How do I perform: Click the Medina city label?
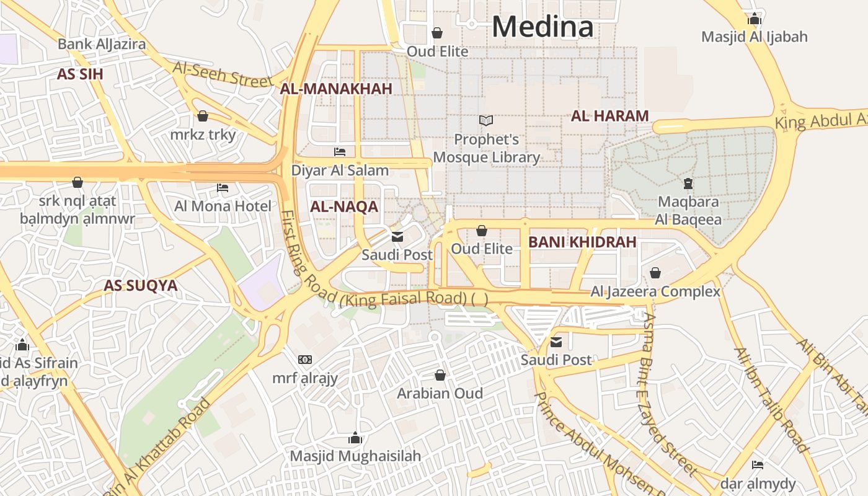[542, 27]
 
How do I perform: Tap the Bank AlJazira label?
[102, 44]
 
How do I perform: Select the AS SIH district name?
[80, 74]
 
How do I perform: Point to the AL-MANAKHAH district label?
[336, 89]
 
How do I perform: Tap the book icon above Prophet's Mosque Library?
[486, 120]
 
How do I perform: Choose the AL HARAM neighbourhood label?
[609, 116]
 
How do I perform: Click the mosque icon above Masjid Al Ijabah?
[755, 19]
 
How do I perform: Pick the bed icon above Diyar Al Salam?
[340, 151]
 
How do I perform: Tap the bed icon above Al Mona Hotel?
[223, 187]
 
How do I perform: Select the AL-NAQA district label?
[344, 207]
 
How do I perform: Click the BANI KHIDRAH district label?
[582, 242]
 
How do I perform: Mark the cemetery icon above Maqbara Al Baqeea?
[688, 183]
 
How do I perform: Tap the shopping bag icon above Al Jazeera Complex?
[655, 273]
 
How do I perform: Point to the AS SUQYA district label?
[140, 286]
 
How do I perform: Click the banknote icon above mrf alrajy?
[304, 360]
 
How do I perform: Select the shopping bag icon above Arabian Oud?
[440, 375]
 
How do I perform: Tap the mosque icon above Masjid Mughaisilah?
[355, 438]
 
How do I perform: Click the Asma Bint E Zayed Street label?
[670, 391]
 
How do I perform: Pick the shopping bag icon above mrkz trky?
[203, 116]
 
